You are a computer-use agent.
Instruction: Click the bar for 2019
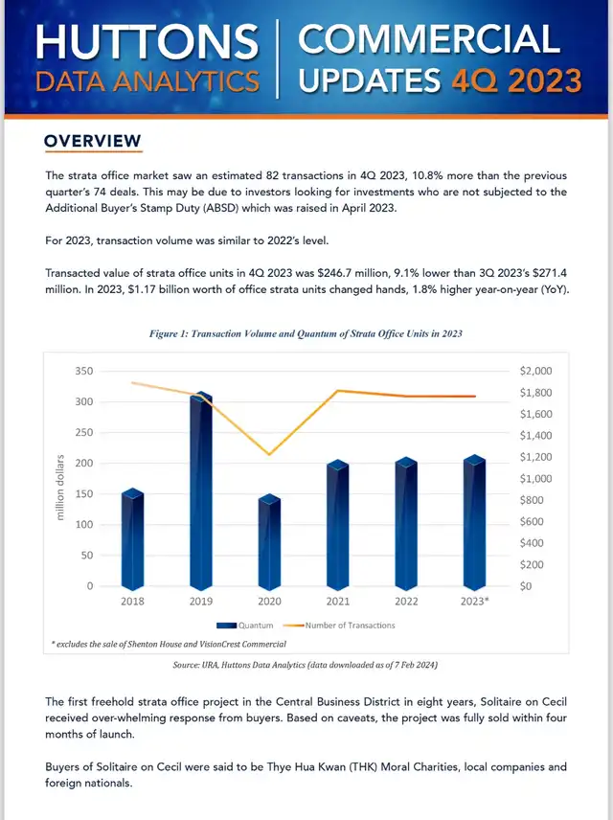[x=201, y=491]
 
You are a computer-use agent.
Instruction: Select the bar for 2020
[x=269, y=542]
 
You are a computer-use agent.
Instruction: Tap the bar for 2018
[x=132, y=539]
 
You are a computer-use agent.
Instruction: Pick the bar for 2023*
[x=474, y=523]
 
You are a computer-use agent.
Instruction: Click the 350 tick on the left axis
[x=83, y=372]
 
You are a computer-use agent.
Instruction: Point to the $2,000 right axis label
[x=535, y=372]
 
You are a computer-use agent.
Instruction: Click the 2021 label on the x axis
[x=338, y=602]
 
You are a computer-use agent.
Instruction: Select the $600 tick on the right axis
[x=532, y=521]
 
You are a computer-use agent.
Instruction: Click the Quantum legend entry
[x=245, y=626]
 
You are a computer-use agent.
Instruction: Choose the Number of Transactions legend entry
[x=339, y=626]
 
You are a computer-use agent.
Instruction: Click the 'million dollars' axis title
[x=60, y=488]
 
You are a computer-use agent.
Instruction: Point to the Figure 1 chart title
[x=306, y=333]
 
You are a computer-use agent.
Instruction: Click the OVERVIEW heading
[x=93, y=141]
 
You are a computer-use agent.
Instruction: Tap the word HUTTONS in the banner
[x=147, y=42]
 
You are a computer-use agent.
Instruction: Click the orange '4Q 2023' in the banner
[x=517, y=81]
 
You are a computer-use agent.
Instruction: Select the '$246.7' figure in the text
[x=334, y=273]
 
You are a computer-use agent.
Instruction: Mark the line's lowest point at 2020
[x=269, y=454]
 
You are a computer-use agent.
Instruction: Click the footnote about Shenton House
[x=169, y=645]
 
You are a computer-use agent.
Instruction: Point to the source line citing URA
[x=306, y=665]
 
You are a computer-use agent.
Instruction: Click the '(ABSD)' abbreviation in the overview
[x=219, y=208]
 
